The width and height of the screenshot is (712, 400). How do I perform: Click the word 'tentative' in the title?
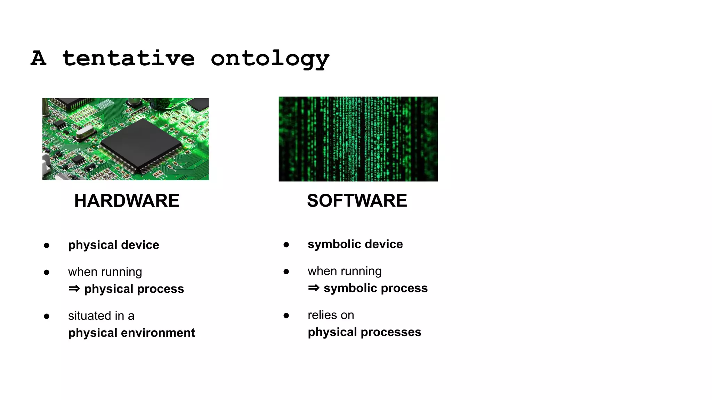pyautogui.click(x=128, y=58)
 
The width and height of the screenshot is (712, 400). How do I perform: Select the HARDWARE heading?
pyautogui.click(x=127, y=201)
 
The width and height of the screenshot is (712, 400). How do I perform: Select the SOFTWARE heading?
pyautogui.click(x=357, y=201)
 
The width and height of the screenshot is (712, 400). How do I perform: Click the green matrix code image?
pyautogui.click(x=358, y=139)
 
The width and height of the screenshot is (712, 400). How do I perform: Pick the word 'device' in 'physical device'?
pyautogui.click(x=140, y=245)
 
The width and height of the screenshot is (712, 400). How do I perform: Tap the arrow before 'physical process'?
pyautogui.click(x=74, y=289)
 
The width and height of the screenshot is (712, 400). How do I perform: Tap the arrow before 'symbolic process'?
pyautogui.click(x=314, y=288)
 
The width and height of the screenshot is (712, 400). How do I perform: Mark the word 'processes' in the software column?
pyautogui.click(x=391, y=332)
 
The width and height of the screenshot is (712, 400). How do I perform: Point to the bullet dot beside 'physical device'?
pyautogui.click(x=47, y=245)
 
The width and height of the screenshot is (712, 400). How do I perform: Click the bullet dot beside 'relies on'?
pyautogui.click(x=286, y=315)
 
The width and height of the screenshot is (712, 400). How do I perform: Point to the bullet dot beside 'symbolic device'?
pyautogui.click(x=286, y=245)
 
